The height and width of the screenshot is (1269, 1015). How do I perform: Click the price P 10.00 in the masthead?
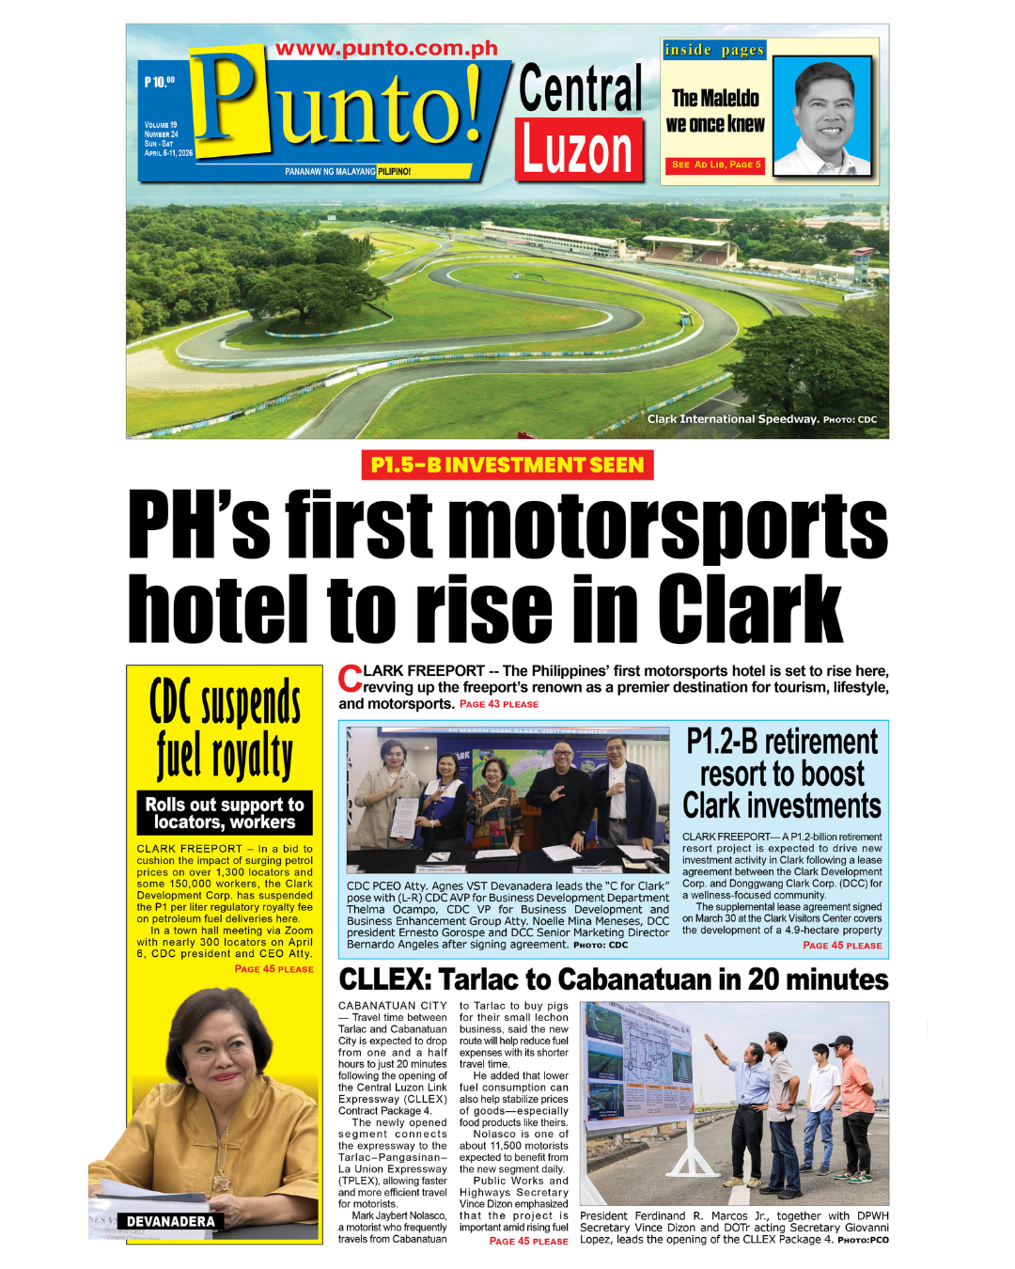click(x=159, y=83)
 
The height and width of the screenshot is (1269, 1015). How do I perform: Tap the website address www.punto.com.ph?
click(x=386, y=49)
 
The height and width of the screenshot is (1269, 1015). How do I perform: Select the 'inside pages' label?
click(x=714, y=50)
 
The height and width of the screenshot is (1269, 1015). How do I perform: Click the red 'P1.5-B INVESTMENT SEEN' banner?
click(x=507, y=465)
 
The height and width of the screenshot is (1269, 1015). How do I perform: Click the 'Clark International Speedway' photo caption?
click(x=733, y=419)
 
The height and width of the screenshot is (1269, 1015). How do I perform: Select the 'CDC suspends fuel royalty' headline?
click(x=225, y=728)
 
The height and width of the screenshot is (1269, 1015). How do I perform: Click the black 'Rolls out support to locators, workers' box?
click(x=225, y=813)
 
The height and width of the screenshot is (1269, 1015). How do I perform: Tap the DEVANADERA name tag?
click(x=171, y=1221)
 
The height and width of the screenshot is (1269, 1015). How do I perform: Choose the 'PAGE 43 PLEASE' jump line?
click(x=499, y=704)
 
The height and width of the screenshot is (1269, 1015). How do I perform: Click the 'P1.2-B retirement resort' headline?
click(x=782, y=774)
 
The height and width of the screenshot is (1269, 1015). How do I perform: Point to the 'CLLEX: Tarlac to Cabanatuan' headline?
click(x=613, y=979)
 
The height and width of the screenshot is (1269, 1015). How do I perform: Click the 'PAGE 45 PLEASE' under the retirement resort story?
click(x=842, y=946)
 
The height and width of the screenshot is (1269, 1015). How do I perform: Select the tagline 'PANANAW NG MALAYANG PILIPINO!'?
click(x=348, y=172)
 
